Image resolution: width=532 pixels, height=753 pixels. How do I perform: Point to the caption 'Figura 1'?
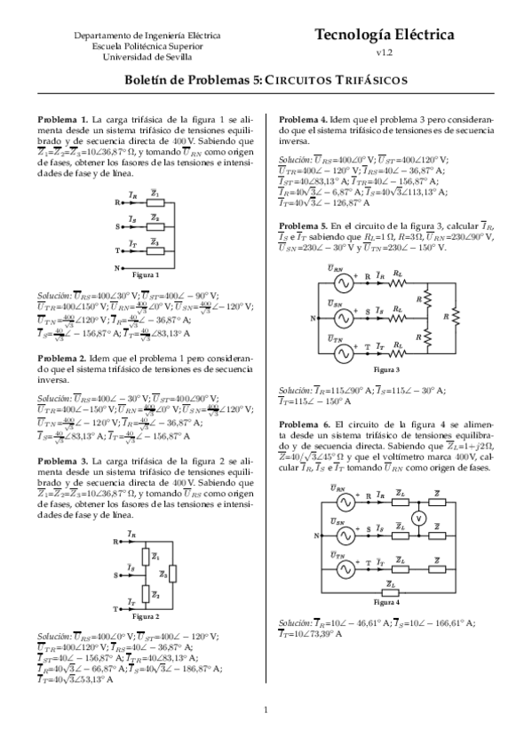point(146,275)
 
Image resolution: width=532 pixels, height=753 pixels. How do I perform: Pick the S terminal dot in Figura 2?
point(122,575)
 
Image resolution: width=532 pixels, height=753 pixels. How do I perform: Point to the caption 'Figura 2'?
point(146,615)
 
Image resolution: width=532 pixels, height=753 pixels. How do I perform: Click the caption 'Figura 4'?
point(387,602)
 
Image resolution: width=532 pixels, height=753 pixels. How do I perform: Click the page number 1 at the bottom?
point(266,733)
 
